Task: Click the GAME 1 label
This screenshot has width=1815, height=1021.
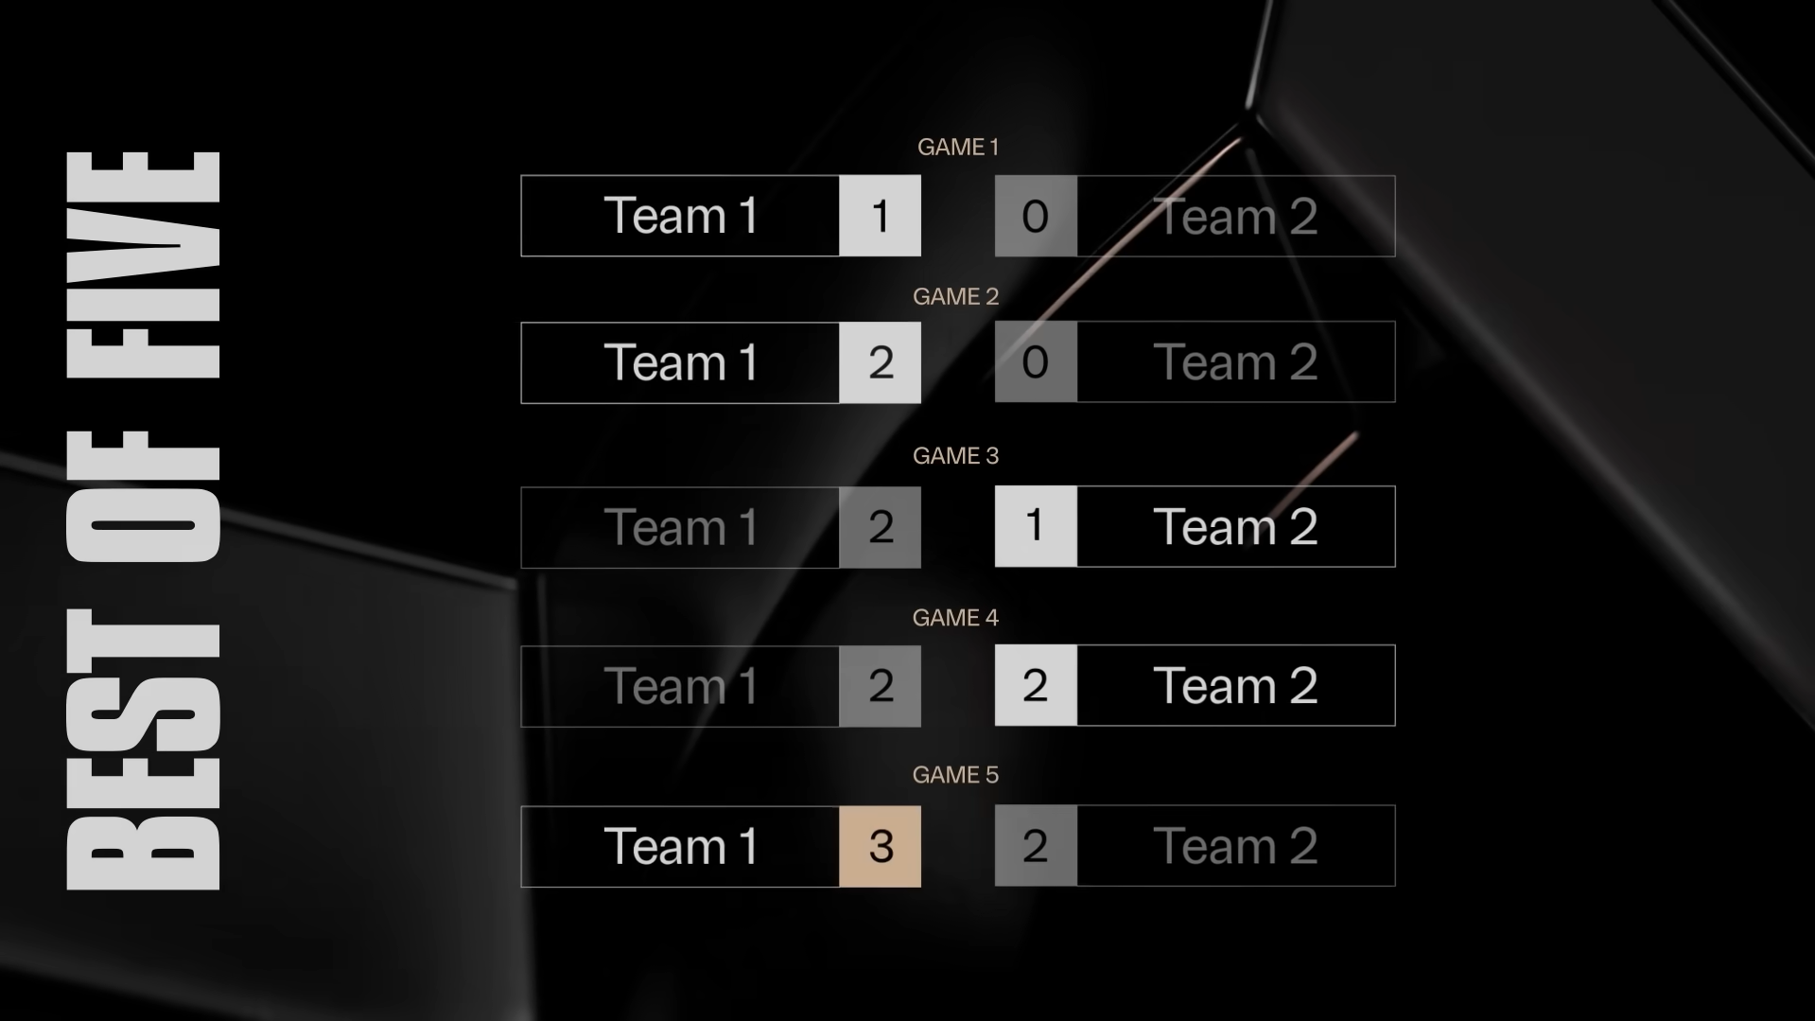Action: [x=957, y=147]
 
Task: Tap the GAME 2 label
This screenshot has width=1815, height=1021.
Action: [x=955, y=296]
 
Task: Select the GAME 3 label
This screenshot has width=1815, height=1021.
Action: [x=955, y=455]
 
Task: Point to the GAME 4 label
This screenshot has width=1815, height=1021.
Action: [x=955, y=617]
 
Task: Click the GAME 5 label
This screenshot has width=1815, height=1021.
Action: [x=955, y=774]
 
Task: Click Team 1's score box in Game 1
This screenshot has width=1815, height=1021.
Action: [x=880, y=216]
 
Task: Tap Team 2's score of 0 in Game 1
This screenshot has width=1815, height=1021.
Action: [x=1036, y=216]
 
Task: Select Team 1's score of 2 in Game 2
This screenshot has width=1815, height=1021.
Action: [x=880, y=362]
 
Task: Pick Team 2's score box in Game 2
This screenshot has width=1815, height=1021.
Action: [x=1036, y=362]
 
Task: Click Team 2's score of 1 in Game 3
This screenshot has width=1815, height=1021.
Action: [x=1036, y=526]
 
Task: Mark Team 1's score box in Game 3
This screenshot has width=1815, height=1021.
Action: [x=880, y=527]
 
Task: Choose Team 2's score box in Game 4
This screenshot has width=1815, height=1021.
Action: [x=1036, y=685]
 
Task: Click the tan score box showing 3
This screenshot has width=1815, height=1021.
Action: [x=880, y=846]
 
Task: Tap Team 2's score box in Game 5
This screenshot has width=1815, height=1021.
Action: [x=1036, y=846]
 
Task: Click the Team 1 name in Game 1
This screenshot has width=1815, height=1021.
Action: [x=681, y=216]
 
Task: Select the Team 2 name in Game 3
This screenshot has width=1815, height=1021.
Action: [x=1235, y=526]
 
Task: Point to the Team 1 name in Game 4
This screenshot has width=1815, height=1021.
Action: [x=681, y=686]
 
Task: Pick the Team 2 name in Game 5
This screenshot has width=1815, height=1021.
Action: [x=1235, y=846]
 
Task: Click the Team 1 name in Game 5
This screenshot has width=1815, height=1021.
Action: [x=681, y=846]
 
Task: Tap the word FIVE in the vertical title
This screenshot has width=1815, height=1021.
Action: [x=144, y=265]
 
